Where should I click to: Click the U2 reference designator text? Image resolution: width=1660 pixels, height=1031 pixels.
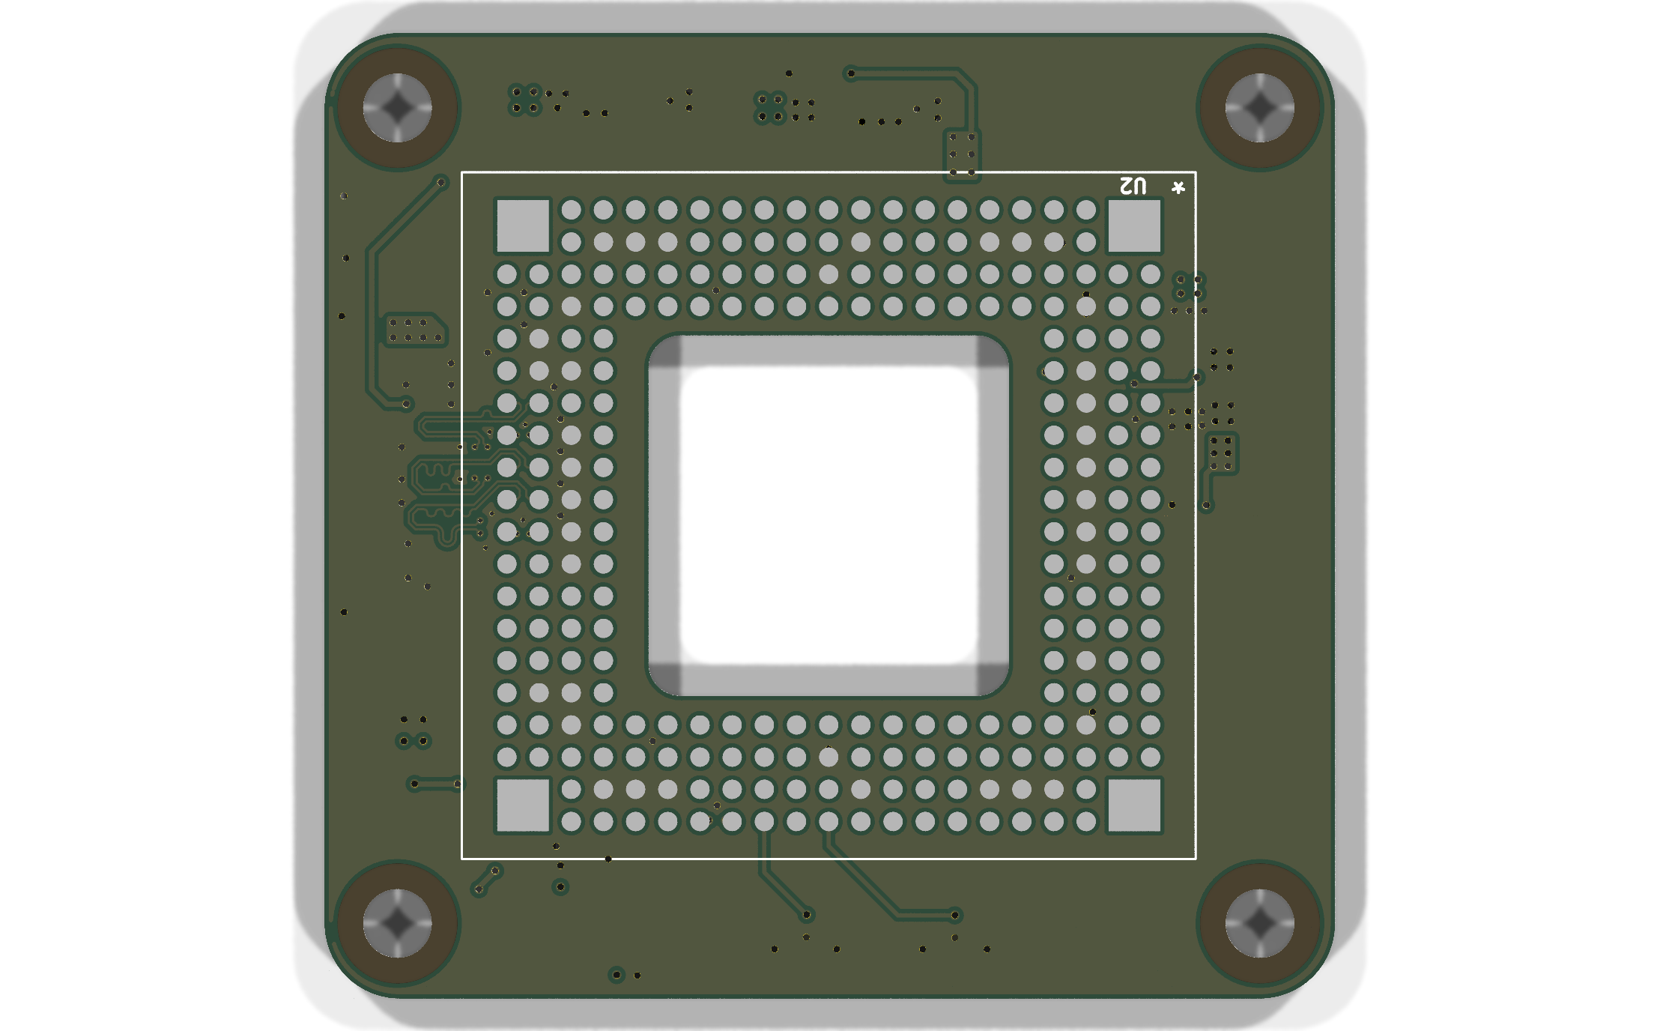pos(1133,186)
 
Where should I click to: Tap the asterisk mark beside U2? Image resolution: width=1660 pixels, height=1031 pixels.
pos(1178,187)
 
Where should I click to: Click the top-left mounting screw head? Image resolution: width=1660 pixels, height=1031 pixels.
pos(397,108)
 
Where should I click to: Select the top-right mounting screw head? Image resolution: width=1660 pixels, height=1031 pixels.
pos(1259,108)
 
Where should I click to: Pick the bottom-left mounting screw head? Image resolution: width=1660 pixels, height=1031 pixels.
pos(397,923)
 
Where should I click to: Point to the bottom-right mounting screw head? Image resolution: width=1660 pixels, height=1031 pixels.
pos(1259,923)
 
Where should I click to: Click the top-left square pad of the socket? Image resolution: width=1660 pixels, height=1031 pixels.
pos(523,226)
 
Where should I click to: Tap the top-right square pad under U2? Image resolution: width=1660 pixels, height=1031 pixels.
pos(1134,226)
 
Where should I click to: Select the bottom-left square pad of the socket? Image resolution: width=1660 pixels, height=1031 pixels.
pos(523,805)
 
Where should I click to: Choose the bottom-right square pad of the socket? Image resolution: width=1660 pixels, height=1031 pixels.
pos(1134,805)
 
